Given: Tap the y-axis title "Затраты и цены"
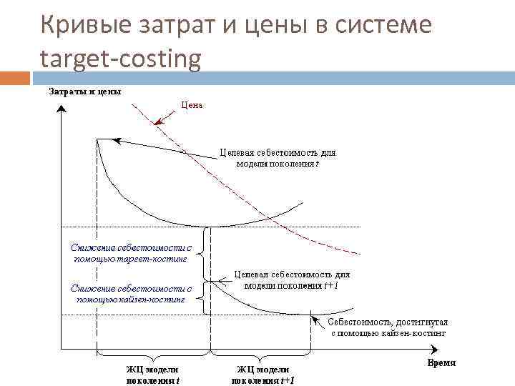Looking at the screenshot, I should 84,91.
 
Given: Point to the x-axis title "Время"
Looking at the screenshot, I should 441,363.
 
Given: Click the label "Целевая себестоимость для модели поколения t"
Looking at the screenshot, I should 277,158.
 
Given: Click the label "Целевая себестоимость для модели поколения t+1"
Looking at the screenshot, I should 292,279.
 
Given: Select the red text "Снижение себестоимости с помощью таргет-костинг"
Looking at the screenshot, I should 131,252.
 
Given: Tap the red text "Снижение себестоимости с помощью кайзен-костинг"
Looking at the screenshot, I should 131,294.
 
